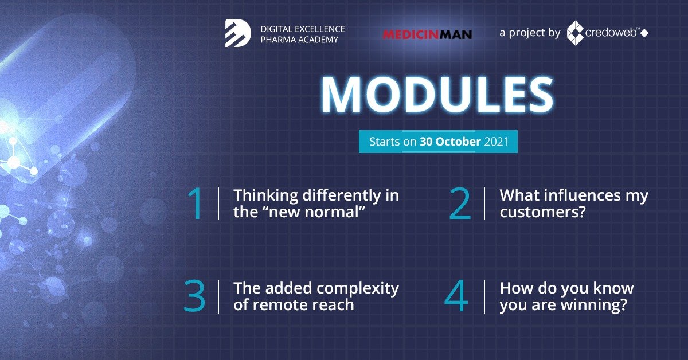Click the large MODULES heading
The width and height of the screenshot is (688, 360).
click(437, 95)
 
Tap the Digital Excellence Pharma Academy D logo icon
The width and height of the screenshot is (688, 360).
click(238, 33)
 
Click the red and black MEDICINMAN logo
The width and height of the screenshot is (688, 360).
click(427, 34)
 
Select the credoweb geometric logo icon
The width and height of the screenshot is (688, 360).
click(575, 33)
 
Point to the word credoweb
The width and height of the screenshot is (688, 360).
click(611, 33)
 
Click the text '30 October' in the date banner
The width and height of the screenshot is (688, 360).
click(450, 142)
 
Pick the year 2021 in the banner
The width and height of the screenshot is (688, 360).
click(497, 142)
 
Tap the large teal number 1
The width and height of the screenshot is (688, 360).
click(196, 204)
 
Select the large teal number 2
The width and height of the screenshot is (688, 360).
click(460, 204)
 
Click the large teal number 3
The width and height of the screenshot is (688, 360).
click(194, 296)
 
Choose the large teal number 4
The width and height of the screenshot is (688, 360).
click(456, 296)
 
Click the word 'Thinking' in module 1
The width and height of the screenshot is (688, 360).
click(265, 195)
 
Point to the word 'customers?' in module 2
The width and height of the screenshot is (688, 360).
click(543, 212)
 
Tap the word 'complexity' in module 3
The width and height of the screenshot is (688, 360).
click(358, 289)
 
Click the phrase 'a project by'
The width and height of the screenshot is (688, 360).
click(530, 33)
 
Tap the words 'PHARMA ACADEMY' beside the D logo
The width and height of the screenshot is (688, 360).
click(299, 40)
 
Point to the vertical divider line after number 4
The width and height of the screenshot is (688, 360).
click(484, 297)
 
